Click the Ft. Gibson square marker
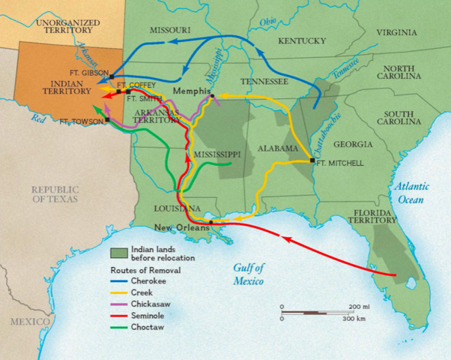[x=111, y=76]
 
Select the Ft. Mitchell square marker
[x=312, y=160]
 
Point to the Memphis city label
[x=190, y=91]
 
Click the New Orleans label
[x=179, y=227]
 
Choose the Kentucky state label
[x=303, y=41]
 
